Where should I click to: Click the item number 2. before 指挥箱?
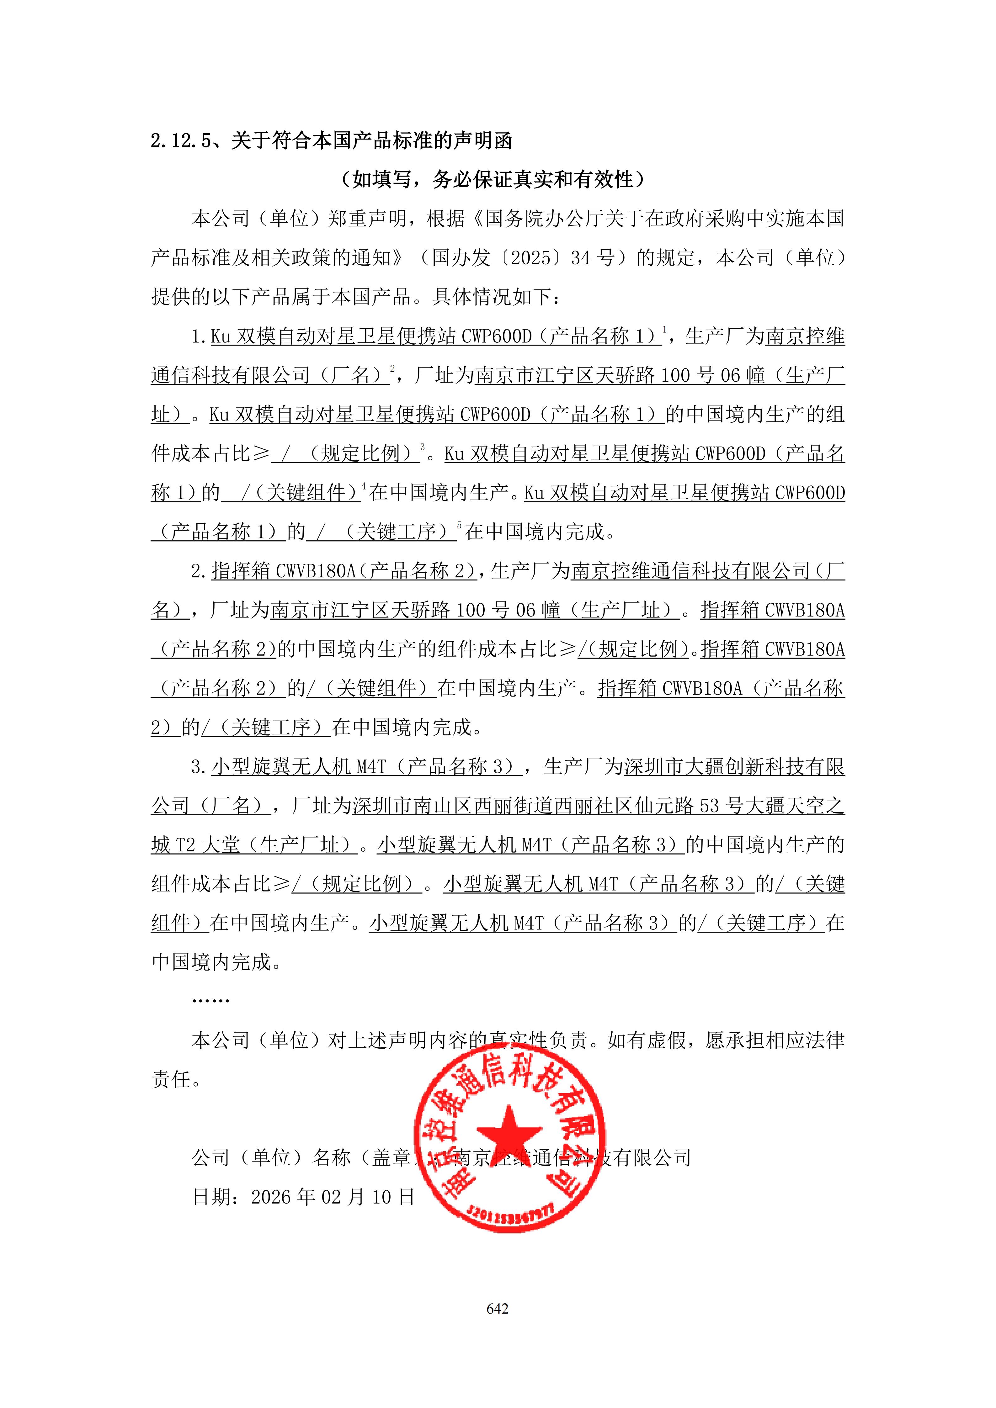point(198,572)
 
